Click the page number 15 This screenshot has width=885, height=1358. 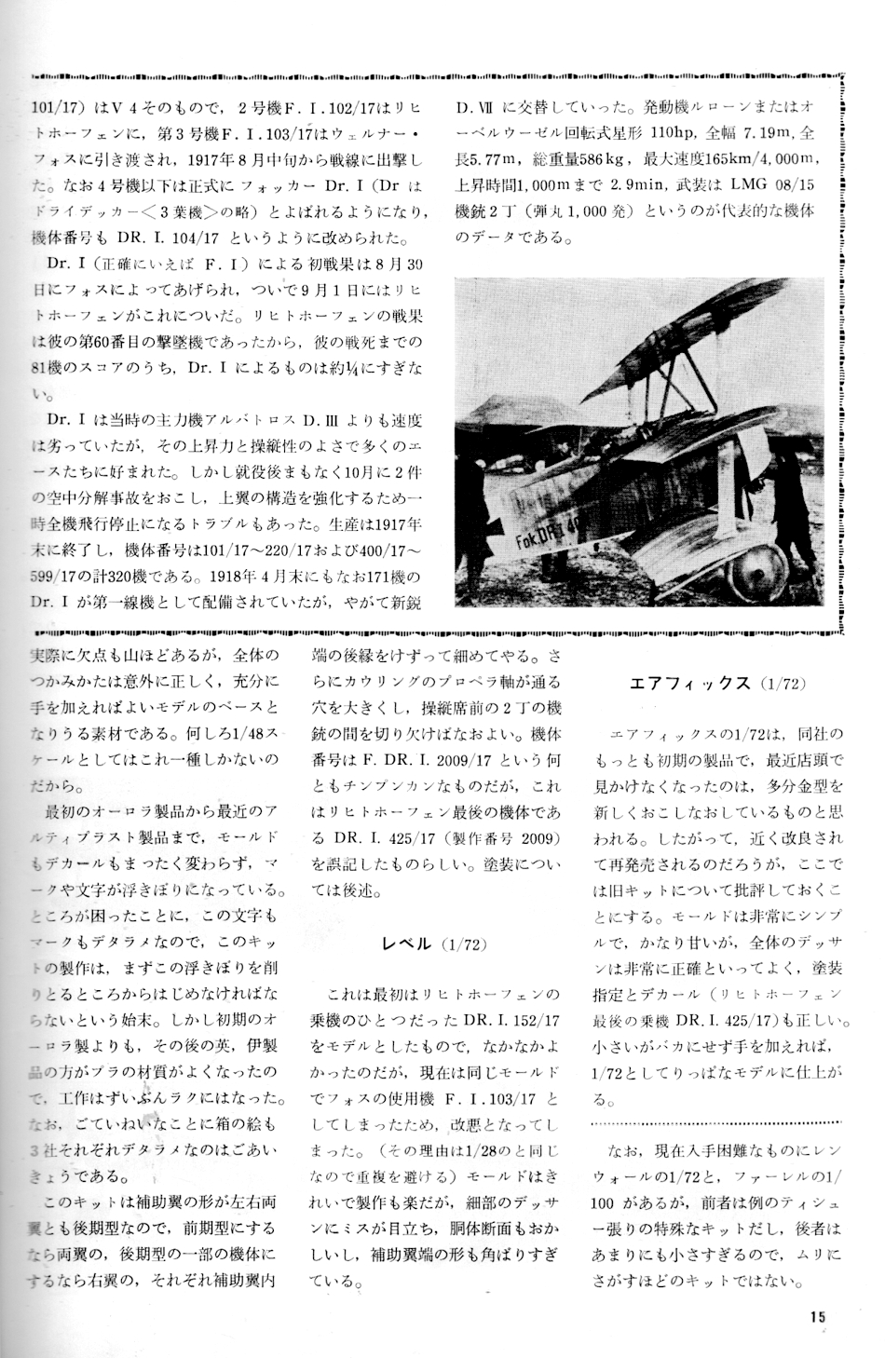click(817, 1316)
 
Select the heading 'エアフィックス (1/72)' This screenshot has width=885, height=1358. click(717, 684)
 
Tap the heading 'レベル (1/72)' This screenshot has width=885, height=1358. click(435, 944)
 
